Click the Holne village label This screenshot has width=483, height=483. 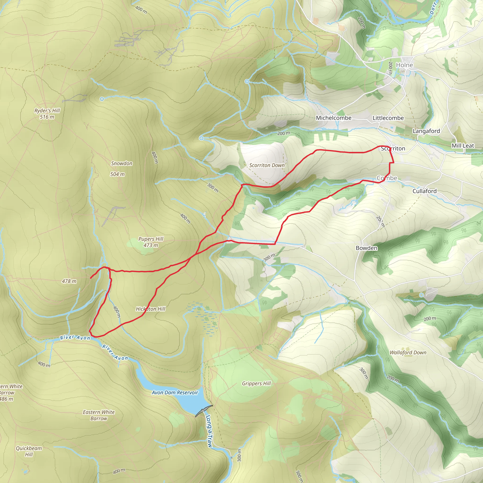pos(404,65)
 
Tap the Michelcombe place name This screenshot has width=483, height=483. pos(333,118)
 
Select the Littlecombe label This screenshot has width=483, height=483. pos(388,118)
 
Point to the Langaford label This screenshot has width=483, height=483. pos(426,131)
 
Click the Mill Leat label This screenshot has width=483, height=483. pos(462,146)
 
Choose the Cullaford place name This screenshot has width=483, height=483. pos(425,191)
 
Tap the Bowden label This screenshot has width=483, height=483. pos(366,248)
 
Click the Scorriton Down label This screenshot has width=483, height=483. pos(267,165)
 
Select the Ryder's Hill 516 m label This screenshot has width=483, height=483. pos(47,114)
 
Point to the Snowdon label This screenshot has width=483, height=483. pos(121,163)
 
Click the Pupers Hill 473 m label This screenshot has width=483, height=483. pos(151,242)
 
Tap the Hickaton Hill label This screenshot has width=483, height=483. pos(150,309)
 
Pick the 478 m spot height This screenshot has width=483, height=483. pos(69,281)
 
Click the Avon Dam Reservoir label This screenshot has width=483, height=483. pos(175,392)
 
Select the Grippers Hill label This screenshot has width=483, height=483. pos(256,383)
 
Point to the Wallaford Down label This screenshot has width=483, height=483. pos(408,353)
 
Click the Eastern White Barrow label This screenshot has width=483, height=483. pos(99,415)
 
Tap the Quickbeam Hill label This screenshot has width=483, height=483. pos(29,451)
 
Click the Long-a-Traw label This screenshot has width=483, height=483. pos(209,431)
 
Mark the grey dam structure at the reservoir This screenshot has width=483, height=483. pos(203,411)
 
